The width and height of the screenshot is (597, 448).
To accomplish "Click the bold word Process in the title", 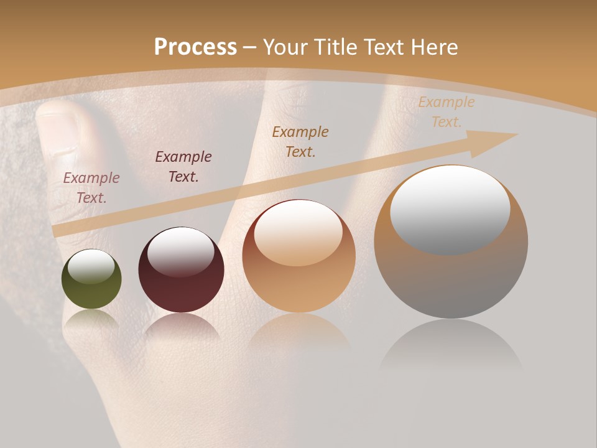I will coord(195,47).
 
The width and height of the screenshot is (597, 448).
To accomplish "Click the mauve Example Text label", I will coord(91,187).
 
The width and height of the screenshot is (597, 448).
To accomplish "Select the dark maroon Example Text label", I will coord(183,166).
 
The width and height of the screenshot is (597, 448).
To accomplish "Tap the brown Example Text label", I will coord(300,141).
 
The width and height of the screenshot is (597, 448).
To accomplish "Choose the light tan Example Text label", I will coord(446,112).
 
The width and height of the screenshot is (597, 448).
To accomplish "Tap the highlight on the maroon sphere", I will coord(180,252).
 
